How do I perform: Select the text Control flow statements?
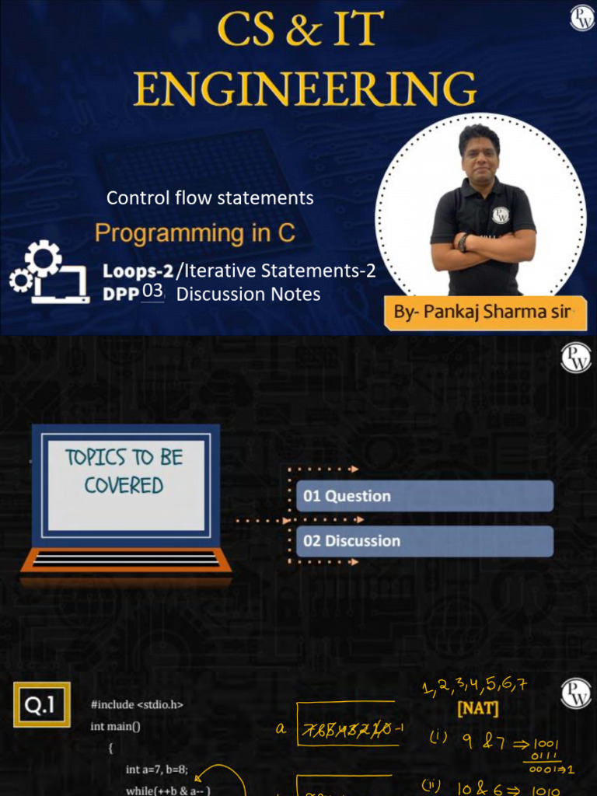[x=210, y=198]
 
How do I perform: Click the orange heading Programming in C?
[x=195, y=232]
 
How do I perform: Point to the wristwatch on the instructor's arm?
[x=464, y=243]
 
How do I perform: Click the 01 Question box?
[x=424, y=496]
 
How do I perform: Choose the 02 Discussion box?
[x=424, y=541]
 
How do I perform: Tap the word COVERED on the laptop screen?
[x=124, y=486]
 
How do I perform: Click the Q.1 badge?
[x=41, y=704]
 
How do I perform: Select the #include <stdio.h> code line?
[x=137, y=705]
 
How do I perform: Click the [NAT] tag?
[x=478, y=709]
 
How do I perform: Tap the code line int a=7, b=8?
[x=157, y=770]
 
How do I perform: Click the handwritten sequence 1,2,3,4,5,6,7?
[x=475, y=686]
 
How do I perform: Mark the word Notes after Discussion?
[x=295, y=294]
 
